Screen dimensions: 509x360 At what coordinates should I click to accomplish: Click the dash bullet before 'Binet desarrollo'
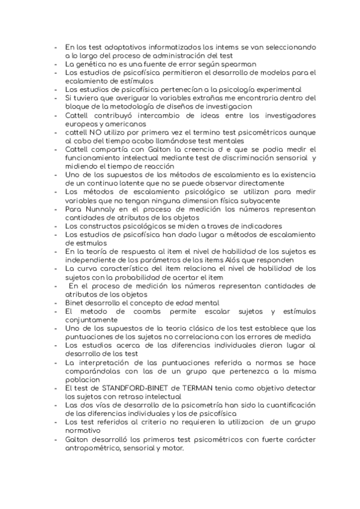pos(55,303)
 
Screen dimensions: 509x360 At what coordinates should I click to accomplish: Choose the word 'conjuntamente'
pos(92,320)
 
